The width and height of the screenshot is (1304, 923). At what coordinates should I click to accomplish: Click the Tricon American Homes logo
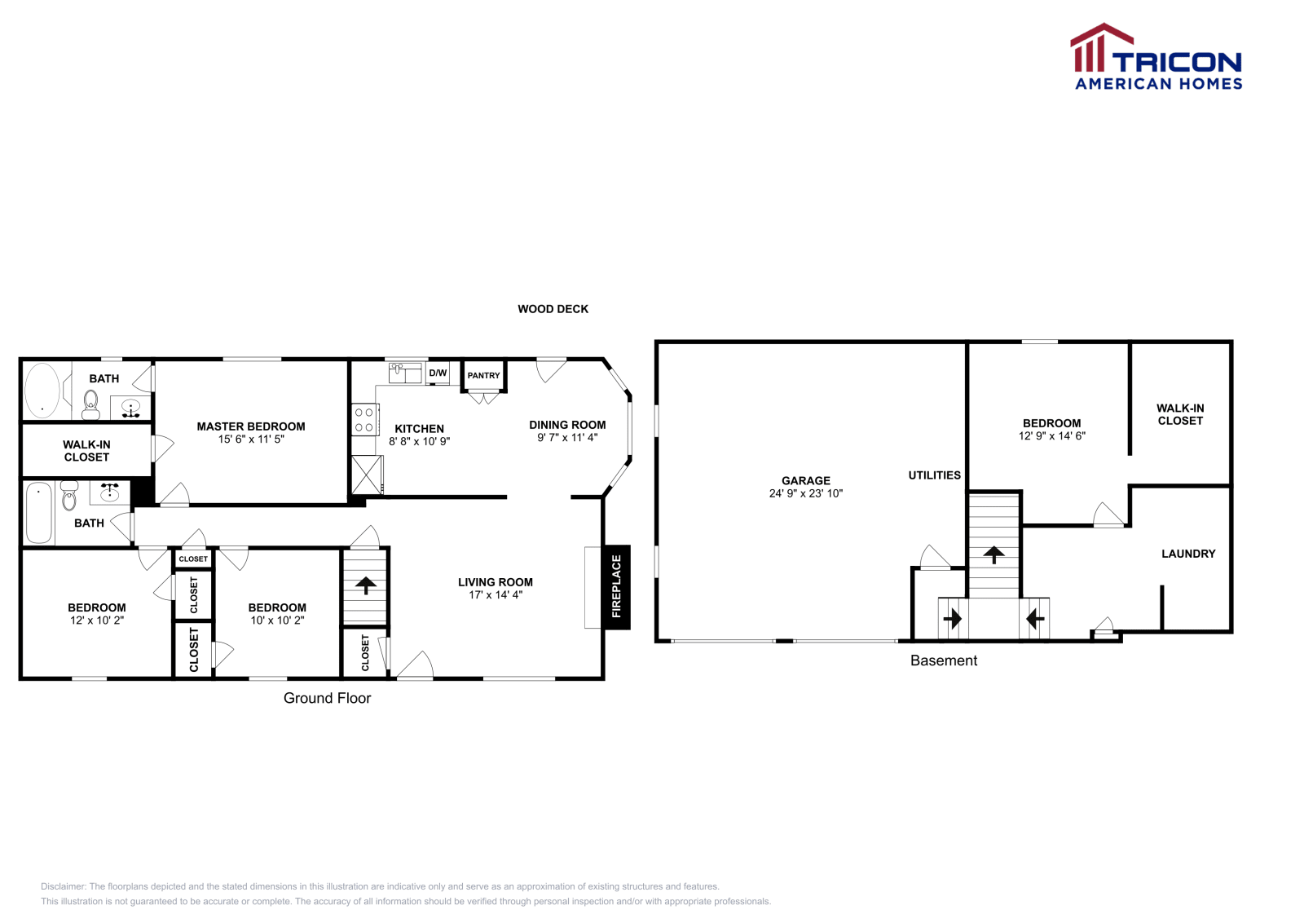click(1156, 57)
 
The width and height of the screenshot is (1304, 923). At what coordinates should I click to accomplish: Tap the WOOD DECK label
click(553, 309)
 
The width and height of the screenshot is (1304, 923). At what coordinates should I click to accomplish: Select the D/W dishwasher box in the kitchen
click(438, 373)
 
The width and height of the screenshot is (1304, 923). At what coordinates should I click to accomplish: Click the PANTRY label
click(483, 376)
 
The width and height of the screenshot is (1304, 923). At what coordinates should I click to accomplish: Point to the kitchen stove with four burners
click(363, 420)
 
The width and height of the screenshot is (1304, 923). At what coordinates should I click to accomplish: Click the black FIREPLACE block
click(616, 586)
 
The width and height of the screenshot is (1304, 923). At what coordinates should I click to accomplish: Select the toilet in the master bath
click(90, 403)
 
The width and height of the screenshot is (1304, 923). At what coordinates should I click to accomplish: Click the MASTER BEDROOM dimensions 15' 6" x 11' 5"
click(251, 439)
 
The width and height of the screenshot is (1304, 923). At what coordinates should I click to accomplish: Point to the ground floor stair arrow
click(365, 584)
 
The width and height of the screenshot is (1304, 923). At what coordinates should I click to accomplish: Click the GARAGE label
click(805, 480)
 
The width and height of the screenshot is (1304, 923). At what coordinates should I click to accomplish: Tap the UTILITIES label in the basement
click(934, 475)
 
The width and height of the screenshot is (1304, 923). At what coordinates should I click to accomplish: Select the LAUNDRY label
click(1187, 554)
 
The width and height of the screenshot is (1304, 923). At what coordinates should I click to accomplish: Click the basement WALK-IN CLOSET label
click(1179, 414)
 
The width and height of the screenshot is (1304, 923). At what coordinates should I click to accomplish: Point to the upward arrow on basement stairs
click(993, 555)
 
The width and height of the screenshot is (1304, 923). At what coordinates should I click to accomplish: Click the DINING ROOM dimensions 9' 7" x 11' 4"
click(567, 438)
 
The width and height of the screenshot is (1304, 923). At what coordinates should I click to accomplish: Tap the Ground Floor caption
click(327, 698)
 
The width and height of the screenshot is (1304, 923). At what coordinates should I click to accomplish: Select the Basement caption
click(943, 660)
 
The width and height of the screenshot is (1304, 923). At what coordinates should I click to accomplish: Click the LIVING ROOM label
click(495, 582)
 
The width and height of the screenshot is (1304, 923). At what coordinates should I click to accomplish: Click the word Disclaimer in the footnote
click(63, 886)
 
